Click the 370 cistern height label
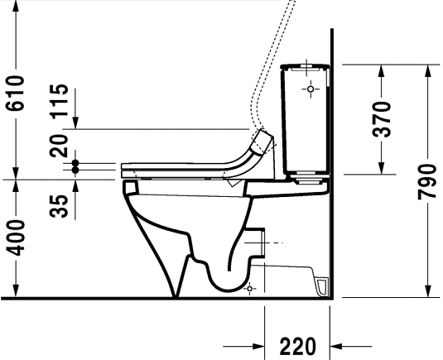pyautogui.click(x=382, y=119)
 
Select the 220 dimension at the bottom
pyautogui.click(x=298, y=345)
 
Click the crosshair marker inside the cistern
pyautogui.click(x=311, y=87)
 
